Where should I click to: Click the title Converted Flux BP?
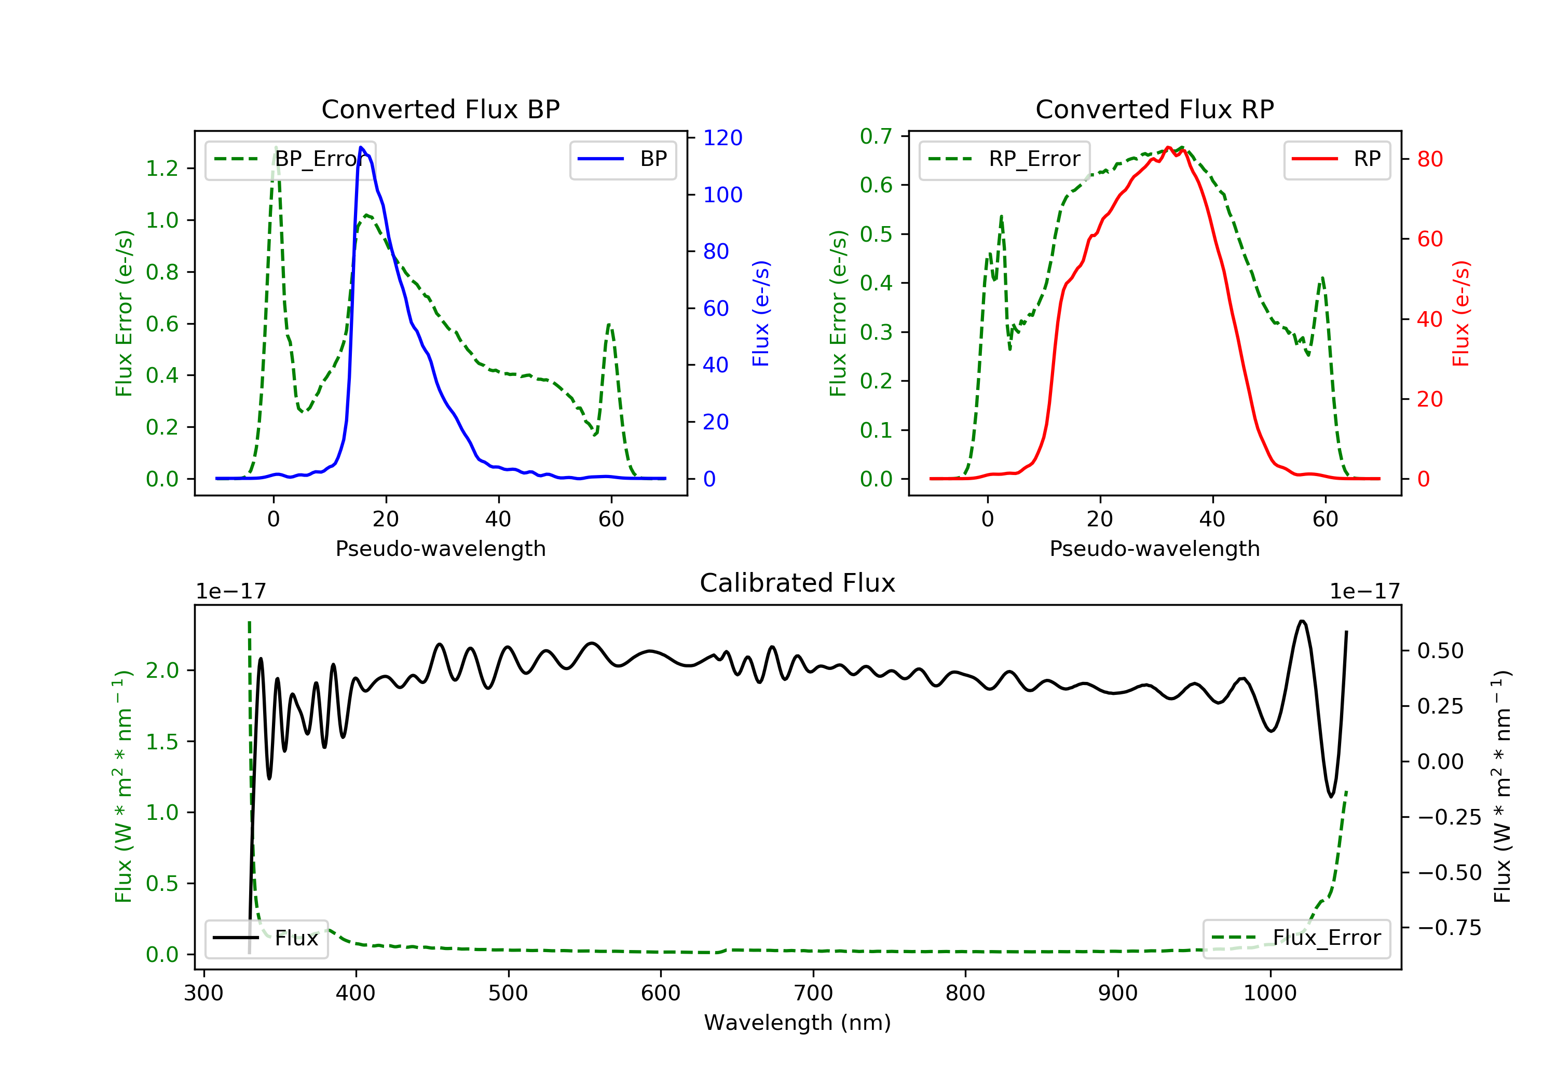[x=440, y=109]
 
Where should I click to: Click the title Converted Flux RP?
[x=1154, y=109]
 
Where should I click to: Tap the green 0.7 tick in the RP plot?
[x=876, y=136]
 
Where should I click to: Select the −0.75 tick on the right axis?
[x=1449, y=928]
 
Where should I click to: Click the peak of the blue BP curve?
[x=361, y=148]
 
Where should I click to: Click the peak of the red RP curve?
[x=1168, y=148]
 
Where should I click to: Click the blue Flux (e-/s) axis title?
[x=761, y=313]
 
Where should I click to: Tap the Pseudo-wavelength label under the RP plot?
[x=1154, y=548]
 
